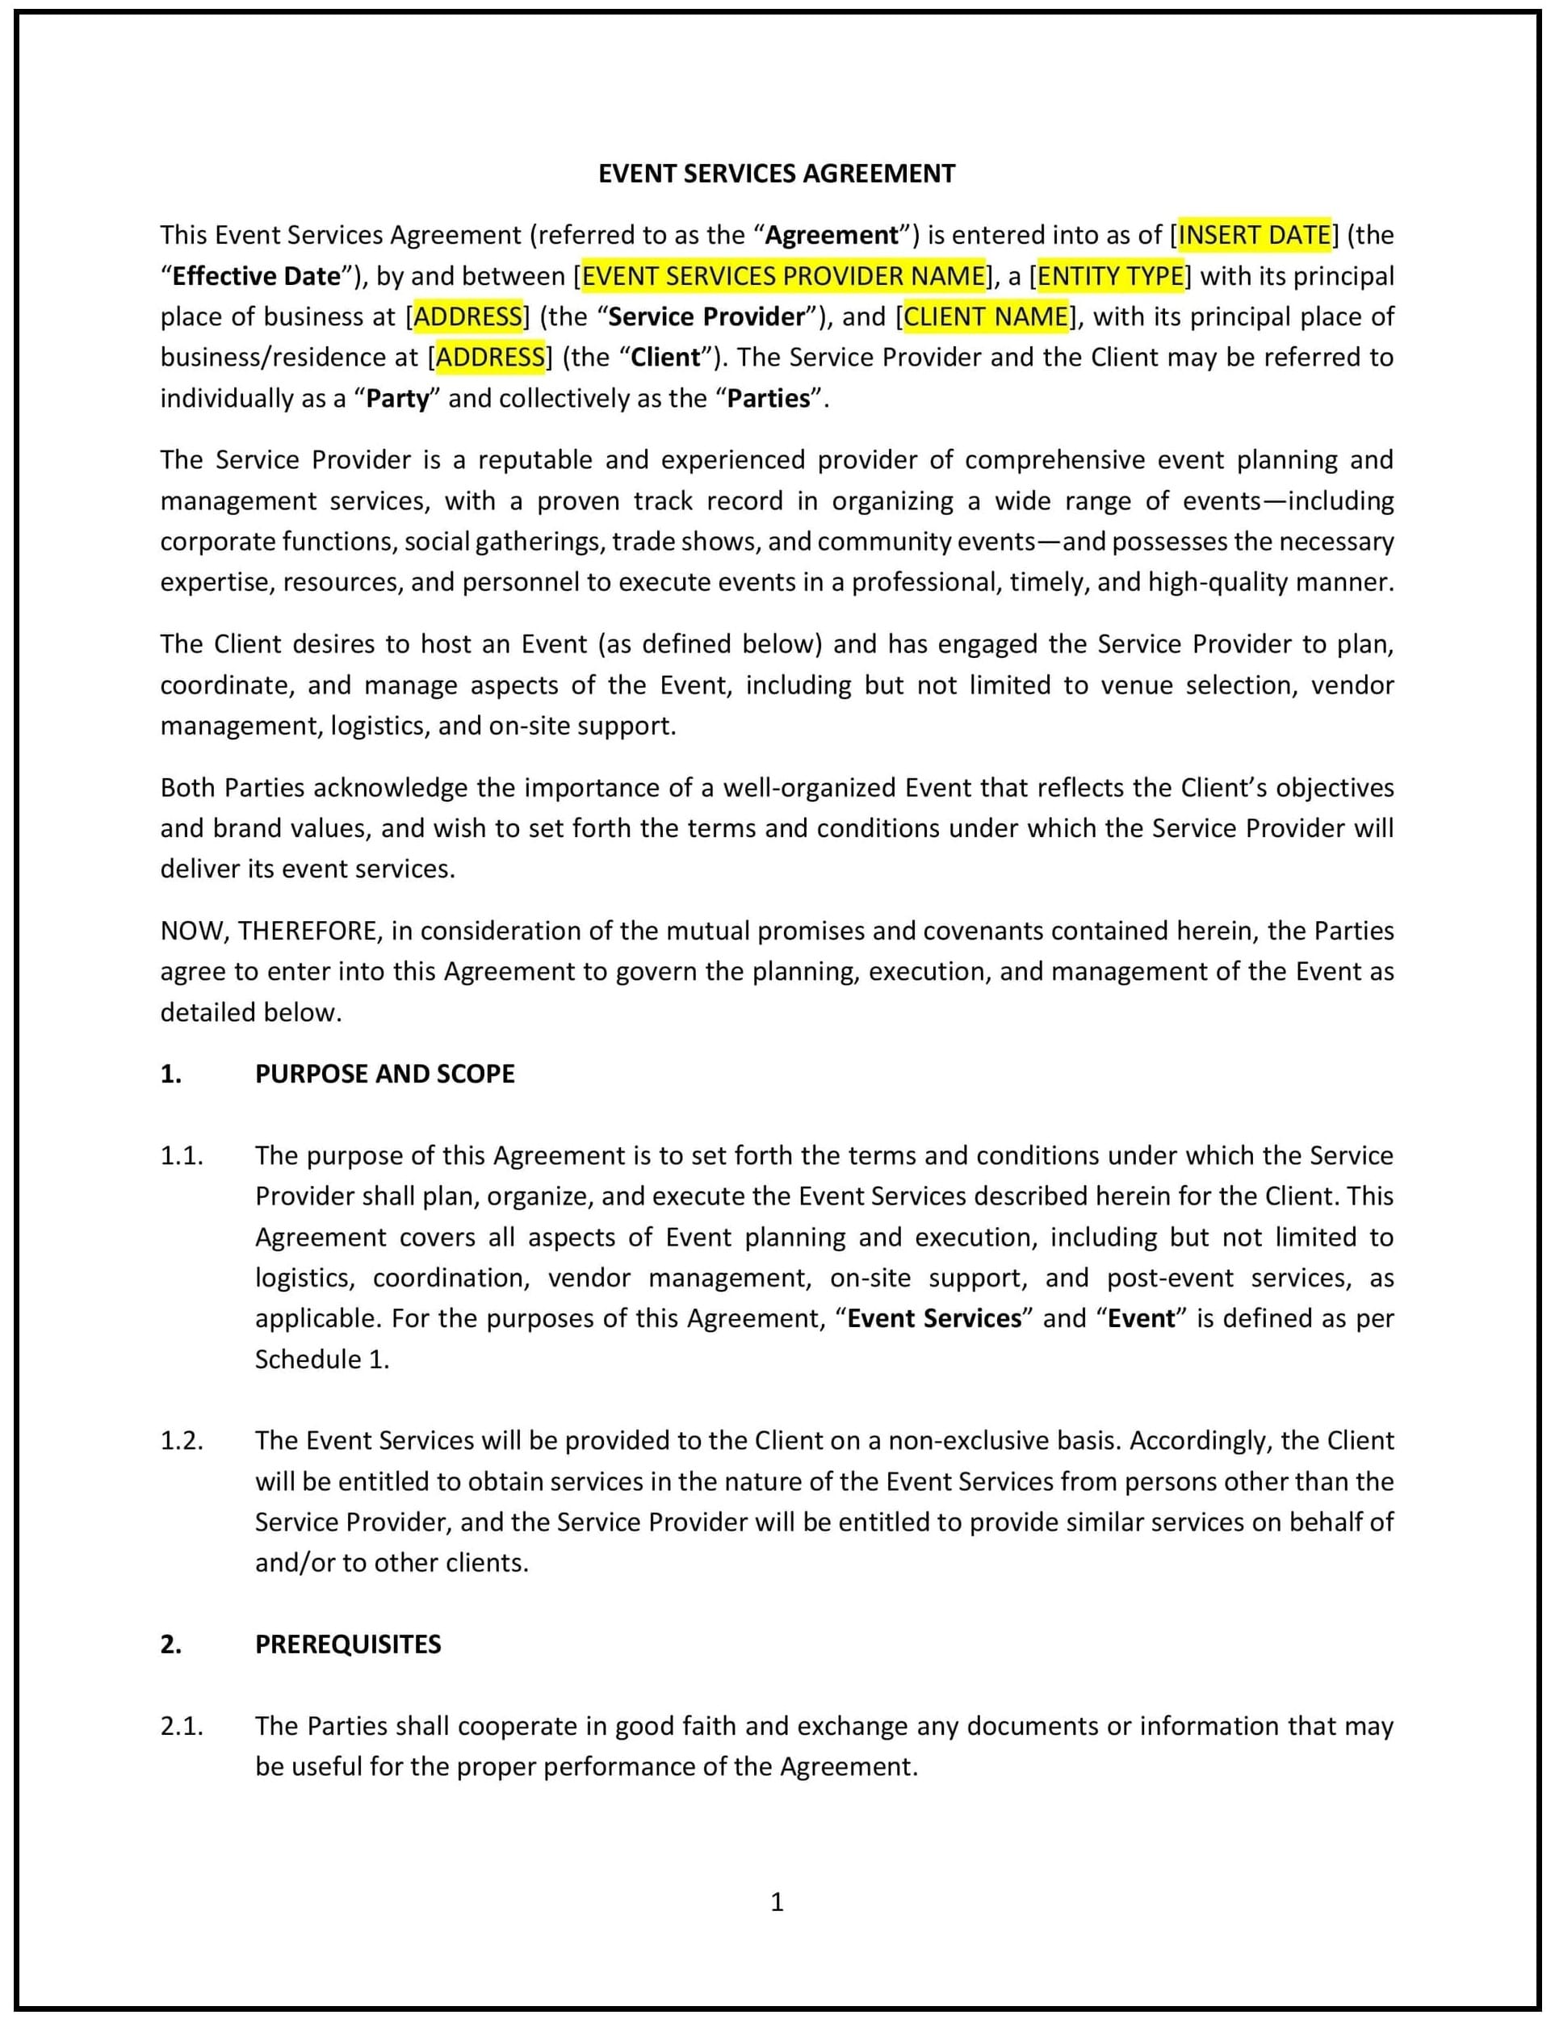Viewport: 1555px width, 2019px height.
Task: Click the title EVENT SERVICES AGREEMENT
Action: click(777, 174)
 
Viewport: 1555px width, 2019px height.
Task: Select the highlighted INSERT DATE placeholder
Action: click(1254, 235)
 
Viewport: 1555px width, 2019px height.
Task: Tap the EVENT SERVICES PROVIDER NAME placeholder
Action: click(783, 275)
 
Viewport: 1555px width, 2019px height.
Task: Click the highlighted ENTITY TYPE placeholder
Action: click(1110, 275)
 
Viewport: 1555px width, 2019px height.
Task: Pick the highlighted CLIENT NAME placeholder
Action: click(986, 316)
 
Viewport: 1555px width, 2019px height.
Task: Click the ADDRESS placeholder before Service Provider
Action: click(467, 316)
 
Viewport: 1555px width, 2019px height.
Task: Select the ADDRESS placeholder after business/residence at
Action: click(490, 357)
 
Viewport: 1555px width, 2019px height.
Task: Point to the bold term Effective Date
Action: click(256, 275)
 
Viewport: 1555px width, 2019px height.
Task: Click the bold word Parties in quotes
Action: click(769, 399)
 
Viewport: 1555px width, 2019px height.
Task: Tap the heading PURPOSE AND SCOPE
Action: click(384, 1074)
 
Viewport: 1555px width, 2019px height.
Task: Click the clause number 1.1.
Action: click(181, 1155)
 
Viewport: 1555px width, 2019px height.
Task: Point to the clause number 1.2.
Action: click(181, 1440)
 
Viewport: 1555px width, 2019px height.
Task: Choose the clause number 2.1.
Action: click(181, 1726)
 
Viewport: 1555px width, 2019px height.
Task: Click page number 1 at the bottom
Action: click(777, 1902)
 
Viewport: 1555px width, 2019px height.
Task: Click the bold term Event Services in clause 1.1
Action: click(934, 1318)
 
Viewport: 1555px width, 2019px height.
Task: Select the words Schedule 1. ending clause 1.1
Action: click(321, 1359)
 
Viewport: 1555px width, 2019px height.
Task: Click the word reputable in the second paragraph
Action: click(535, 459)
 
